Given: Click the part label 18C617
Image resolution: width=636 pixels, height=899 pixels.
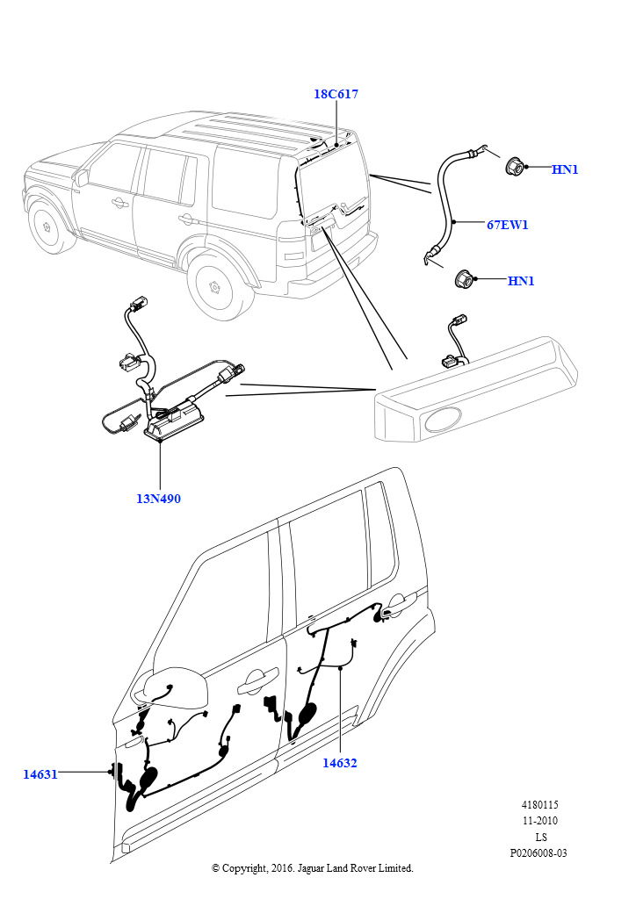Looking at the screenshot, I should (x=336, y=94).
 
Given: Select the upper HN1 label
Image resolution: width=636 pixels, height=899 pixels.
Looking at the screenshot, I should (x=565, y=169).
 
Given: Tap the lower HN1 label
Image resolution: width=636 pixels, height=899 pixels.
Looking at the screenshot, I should (x=521, y=281).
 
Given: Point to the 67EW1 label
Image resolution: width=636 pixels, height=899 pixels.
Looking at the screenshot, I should (x=508, y=225).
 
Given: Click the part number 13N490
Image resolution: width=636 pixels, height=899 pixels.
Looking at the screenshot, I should (x=158, y=499).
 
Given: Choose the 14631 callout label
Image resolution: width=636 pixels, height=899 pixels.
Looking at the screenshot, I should (x=40, y=774).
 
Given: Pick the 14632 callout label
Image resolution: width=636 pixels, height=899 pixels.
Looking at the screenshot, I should (x=339, y=763).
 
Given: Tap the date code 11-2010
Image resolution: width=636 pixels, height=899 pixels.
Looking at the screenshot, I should (x=540, y=821).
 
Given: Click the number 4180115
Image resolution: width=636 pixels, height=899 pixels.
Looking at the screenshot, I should (x=539, y=804).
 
